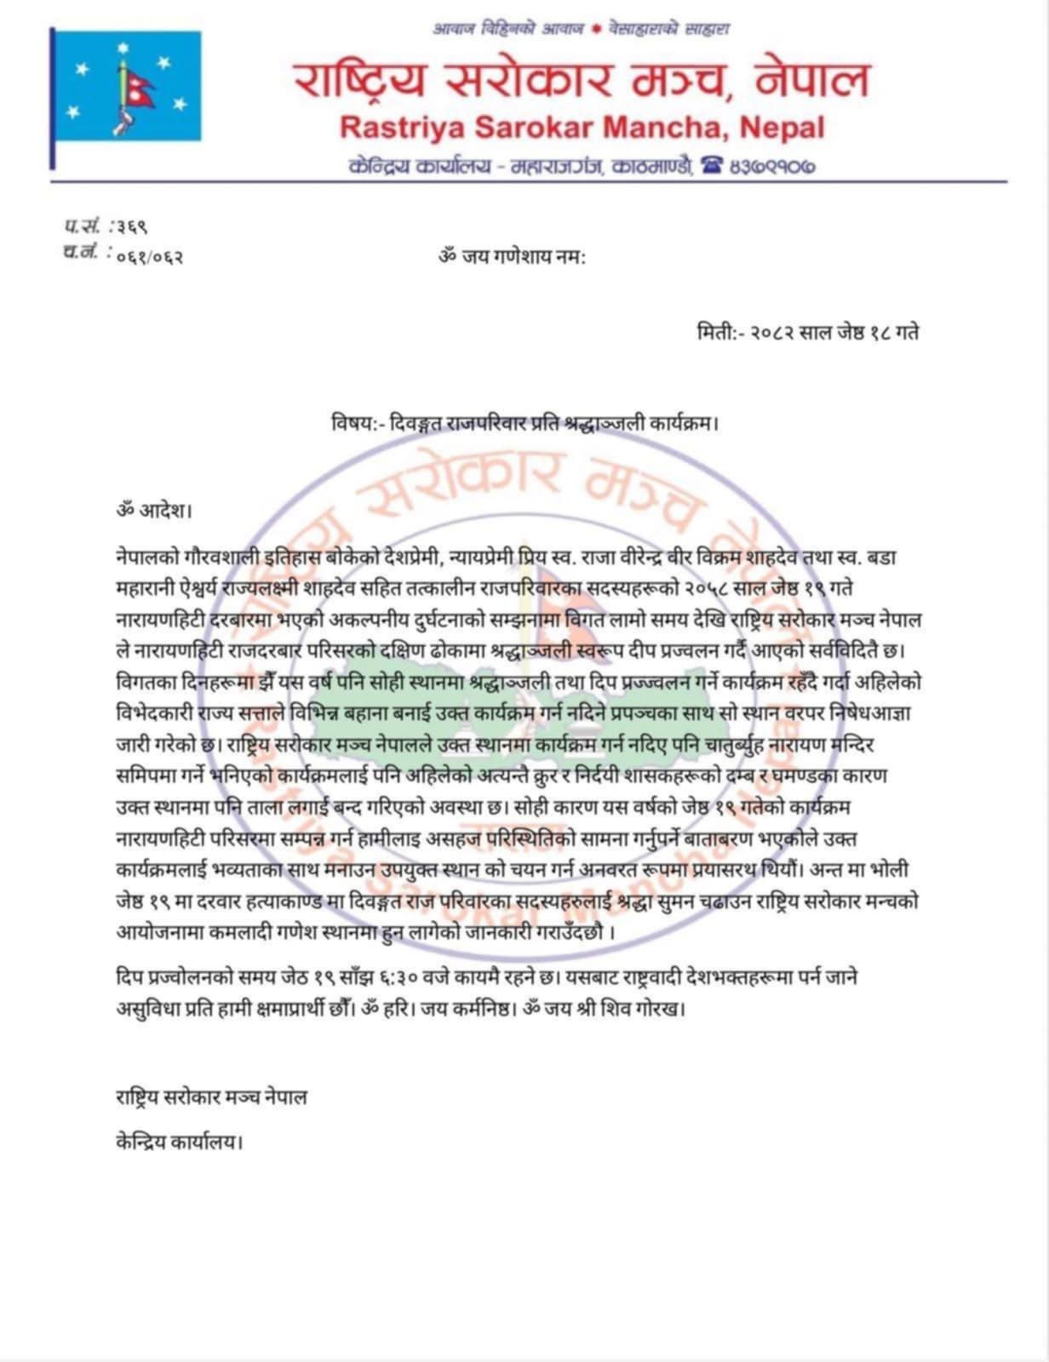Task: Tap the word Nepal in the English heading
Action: (782, 128)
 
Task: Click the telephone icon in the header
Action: (710, 165)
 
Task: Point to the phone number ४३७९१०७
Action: (771, 166)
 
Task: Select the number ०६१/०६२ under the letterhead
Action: (149, 255)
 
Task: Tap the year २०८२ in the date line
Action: (771, 333)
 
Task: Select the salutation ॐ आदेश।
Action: (154, 512)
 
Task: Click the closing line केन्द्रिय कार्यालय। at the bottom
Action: (180, 1142)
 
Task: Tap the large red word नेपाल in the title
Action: (811, 80)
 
